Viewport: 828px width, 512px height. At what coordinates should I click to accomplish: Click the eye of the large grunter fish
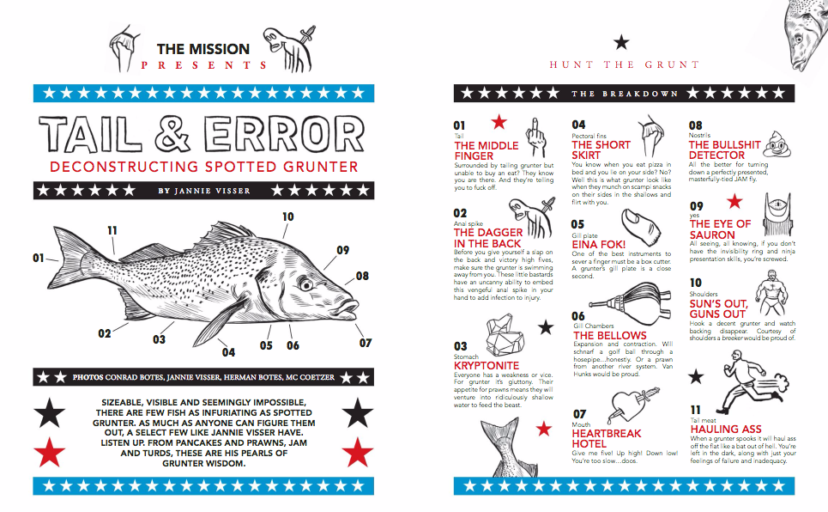coord(305,285)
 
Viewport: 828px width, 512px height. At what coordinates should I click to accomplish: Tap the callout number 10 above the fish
coord(287,216)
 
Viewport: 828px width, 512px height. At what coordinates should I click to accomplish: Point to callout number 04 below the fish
coord(228,352)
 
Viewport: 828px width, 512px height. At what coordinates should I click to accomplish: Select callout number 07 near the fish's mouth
coord(366,344)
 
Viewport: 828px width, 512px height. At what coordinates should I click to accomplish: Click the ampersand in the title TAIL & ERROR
coord(172,134)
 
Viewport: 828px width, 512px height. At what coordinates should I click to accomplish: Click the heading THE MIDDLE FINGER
coord(486,150)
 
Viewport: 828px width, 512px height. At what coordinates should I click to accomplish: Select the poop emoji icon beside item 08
coord(777,143)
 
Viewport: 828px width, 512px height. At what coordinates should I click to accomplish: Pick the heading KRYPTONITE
coord(487,365)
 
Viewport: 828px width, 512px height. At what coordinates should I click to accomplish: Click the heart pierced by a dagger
coord(633,404)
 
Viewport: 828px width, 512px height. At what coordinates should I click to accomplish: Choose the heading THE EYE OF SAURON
coord(720,229)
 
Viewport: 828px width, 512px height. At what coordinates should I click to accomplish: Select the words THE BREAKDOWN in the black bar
coord(625,94)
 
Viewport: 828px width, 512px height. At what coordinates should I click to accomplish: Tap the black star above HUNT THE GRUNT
coord(621,42)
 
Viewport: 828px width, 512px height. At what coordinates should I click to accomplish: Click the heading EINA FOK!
coord(598,244)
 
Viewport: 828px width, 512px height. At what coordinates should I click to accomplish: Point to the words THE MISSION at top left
coord(203,49)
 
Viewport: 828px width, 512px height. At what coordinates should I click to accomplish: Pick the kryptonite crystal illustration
coord(505,337)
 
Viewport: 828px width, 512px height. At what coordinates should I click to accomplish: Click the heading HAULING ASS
coord(726,429)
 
